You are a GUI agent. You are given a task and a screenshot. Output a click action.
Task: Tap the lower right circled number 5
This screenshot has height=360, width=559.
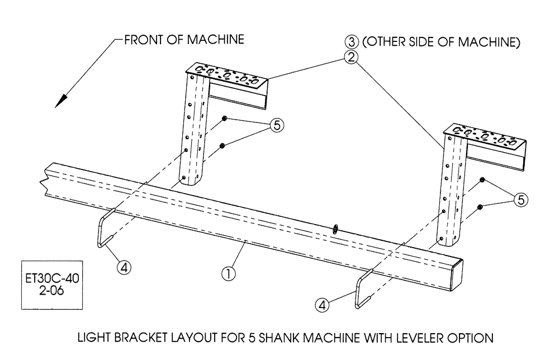(520, 200)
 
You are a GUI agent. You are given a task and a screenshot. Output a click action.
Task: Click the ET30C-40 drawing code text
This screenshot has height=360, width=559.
(51, 278)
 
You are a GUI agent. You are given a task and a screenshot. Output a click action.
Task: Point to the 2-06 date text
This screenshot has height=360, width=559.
(51, 290)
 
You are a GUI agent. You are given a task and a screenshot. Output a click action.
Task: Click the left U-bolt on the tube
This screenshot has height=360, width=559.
(104, 229)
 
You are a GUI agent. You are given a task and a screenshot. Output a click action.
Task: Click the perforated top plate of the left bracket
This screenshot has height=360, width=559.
(226, 74)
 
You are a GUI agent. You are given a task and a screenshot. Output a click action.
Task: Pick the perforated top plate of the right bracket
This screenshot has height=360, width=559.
(485, 138)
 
